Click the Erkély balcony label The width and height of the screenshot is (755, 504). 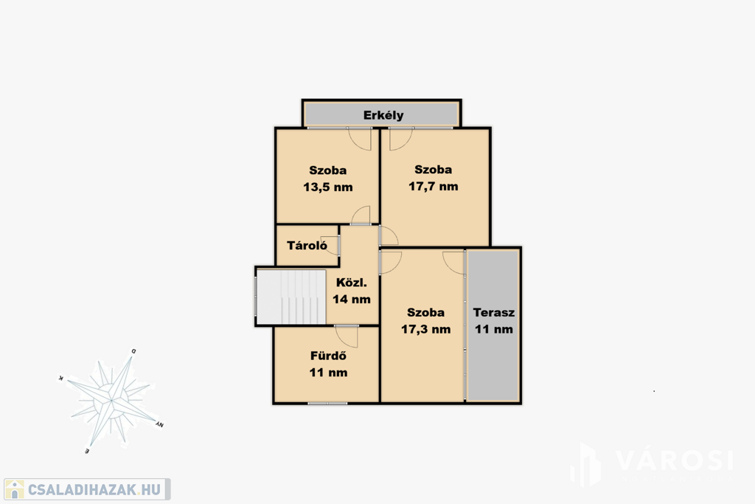click(x=383, y=116)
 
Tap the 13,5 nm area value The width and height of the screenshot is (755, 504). click(x=328, y=187)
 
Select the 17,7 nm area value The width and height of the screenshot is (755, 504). click(x=434, y=187)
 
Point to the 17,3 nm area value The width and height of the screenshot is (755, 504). click(x=425, y=330)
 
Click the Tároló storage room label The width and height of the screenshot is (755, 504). click(x=307, y=246)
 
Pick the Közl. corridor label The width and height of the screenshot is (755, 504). click(x=352, y=283)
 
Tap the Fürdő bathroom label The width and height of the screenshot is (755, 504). click(x=328, y=356)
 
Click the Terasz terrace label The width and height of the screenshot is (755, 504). click(x=494, y=312)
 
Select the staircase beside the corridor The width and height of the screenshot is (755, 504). click(x=290, y=297)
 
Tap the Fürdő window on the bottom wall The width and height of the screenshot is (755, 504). click(x=327, y=403)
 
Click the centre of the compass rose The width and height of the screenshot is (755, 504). click(x=111, y=401)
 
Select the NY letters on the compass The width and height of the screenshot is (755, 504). click(x=160, y=424)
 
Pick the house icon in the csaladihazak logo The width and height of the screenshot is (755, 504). click(x=15, y=489)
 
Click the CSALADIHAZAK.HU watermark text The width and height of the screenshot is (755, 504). click(x=94, y=490)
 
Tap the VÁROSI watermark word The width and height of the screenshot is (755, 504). click(x=675, y=460)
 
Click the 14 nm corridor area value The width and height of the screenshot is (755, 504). click(x=352, y=299)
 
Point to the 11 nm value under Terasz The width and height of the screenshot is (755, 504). click(x=494, y=330)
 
